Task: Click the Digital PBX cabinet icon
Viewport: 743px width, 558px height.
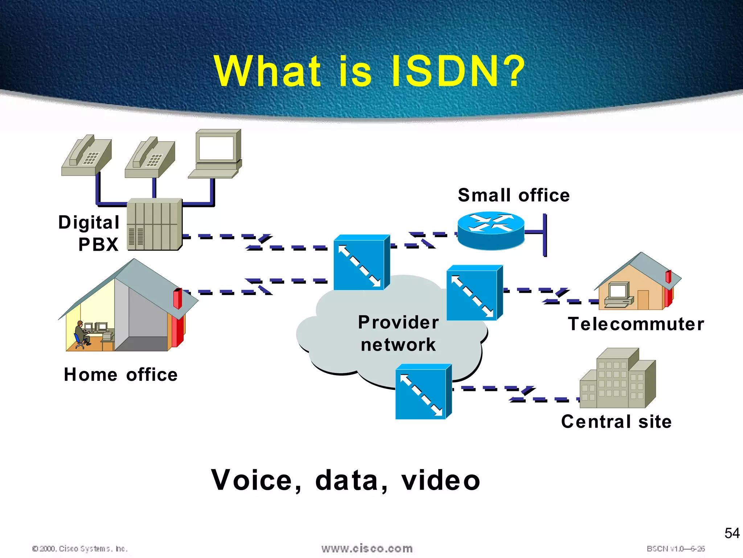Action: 155,225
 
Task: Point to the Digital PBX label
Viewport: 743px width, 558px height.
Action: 89,233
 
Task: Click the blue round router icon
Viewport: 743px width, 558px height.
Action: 490,230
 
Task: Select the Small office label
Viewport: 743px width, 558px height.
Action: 513,195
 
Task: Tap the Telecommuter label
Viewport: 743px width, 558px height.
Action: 636,324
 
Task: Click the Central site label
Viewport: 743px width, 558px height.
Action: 616,422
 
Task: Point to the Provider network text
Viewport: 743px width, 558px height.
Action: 398,333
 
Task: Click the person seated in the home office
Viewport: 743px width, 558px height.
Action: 80,333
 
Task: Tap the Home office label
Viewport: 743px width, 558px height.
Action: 120,375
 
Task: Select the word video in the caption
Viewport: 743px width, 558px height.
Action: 440,480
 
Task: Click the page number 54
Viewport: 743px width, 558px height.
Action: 732,533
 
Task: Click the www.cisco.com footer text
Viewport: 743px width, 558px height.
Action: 367,549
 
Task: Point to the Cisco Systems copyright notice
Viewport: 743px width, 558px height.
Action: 80,549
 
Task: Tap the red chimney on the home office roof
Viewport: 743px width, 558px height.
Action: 177,299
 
